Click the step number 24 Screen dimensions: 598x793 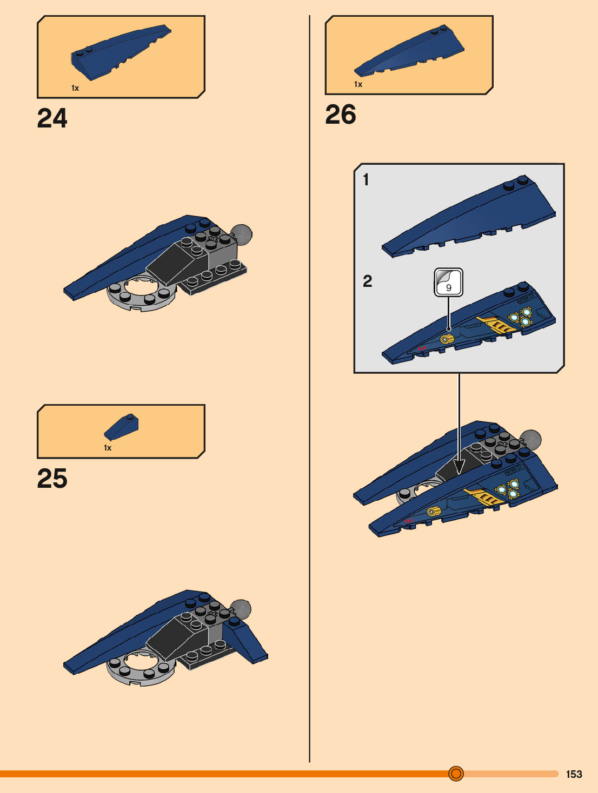[x=52, y=118]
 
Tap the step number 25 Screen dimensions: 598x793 [x=52, y=479]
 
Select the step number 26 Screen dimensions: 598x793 [x=341, y=115]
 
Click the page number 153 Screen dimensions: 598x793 [x=574, y=774]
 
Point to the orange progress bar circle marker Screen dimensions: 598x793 [x=456, y=774]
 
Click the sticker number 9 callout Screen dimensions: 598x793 [x=448, y=283]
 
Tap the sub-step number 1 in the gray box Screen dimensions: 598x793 [x=366, y=179]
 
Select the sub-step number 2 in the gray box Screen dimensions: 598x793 [x=368, y=281]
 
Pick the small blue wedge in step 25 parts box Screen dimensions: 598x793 [x=121, y=427]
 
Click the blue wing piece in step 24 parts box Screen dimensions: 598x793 [x=120, y=52]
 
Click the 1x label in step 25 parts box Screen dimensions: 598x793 [x=108, y=448]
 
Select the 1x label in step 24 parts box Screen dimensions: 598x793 [x=75, y=88]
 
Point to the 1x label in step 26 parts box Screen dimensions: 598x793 [x=358, y=84]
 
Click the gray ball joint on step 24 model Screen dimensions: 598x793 [x=241, y=234]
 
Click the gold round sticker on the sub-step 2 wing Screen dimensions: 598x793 [x=446, y=339]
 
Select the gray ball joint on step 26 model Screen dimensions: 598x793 [x=530, y=440]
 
